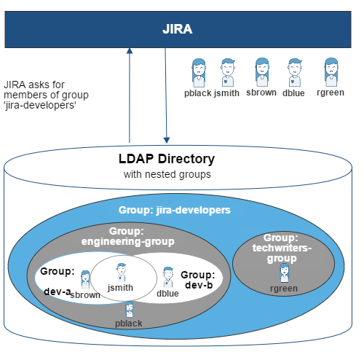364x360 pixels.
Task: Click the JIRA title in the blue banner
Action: click(178, 29)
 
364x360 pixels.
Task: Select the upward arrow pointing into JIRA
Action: click(130, 95)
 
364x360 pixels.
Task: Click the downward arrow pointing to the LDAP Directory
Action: click(166, 95)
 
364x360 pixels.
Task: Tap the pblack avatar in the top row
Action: click(199, 73)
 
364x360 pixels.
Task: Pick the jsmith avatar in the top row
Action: click(228, 72)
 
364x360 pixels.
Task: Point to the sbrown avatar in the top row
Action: click(262, 72)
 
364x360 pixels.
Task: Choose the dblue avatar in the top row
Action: click(294, 72)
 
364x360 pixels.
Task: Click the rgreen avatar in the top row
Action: click(331, 72)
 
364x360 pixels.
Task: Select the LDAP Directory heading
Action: click(167, 159)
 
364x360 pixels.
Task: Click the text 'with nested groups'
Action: click(167, 174)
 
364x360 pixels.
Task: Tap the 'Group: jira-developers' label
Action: click(175, 210)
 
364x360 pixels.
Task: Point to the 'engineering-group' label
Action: click(128, 242)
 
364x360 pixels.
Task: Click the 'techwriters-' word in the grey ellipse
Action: click(282, 248)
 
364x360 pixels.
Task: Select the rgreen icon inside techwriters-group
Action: click(285, 273)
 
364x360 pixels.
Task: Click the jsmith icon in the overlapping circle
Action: click(121, 273)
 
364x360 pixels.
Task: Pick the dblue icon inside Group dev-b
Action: click(168, 277)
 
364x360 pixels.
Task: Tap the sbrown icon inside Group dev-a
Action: click(85, 280)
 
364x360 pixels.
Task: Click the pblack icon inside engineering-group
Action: click(130, 310)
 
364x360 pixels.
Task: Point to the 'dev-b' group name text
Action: click(199, 285)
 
